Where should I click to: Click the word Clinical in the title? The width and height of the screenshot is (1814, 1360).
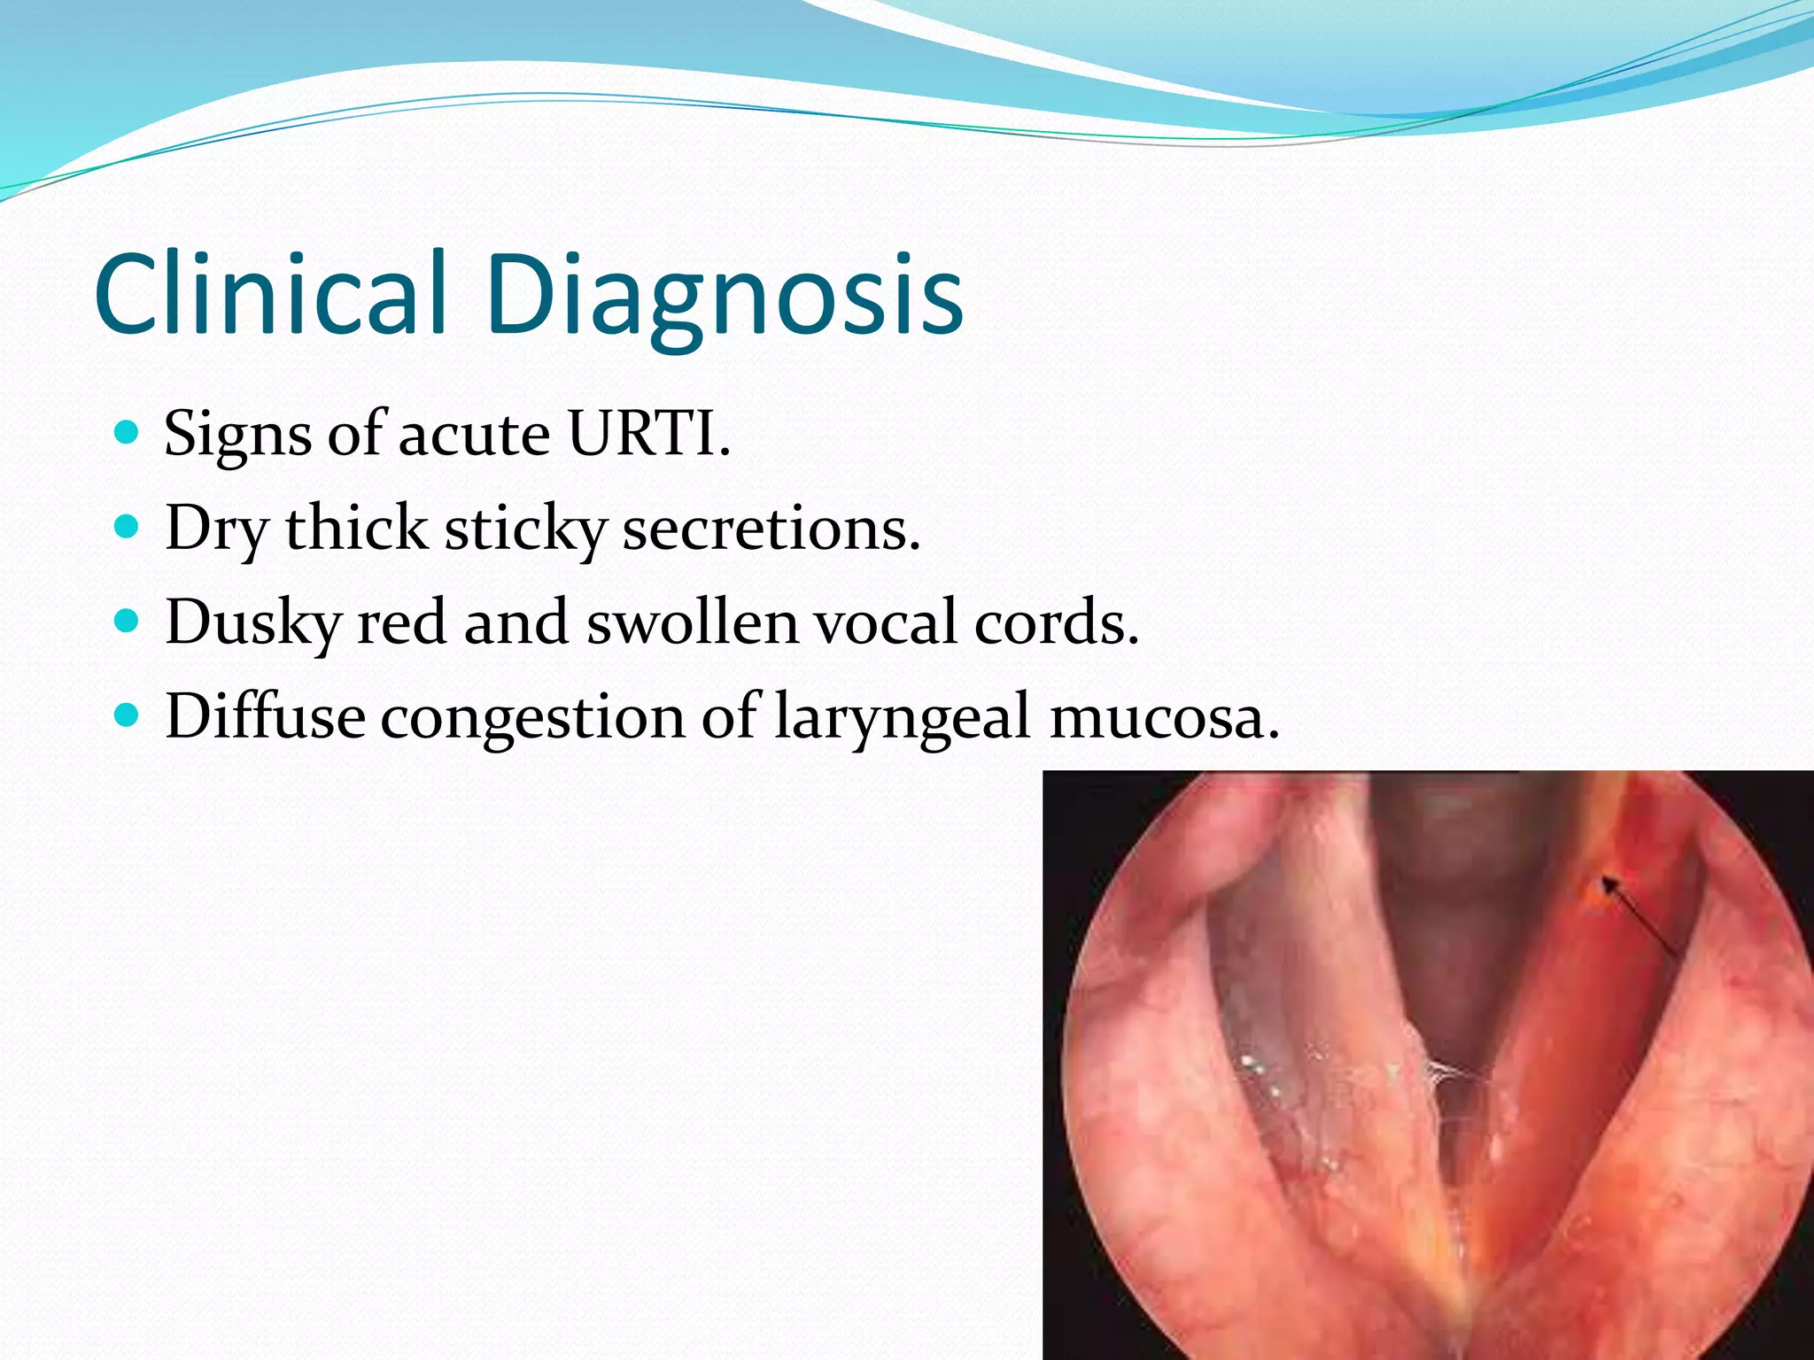coord(270,294)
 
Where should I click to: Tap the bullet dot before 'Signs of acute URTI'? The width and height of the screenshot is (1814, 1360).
coord(128,433)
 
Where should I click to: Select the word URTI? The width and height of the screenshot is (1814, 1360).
coord(647,434)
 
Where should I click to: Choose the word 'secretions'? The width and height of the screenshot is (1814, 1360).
coord(771,529)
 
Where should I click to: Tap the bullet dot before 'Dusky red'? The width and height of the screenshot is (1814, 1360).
coord(128,622)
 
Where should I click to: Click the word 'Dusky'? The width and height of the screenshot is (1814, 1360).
coord(253,623)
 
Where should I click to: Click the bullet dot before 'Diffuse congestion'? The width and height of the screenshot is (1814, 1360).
coord(128,715)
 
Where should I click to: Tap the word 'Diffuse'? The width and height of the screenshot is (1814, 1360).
coord(265,715)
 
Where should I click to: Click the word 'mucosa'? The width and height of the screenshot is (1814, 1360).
coord(1163,717)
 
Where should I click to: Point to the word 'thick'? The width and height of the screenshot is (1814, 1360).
coord(356,529)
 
